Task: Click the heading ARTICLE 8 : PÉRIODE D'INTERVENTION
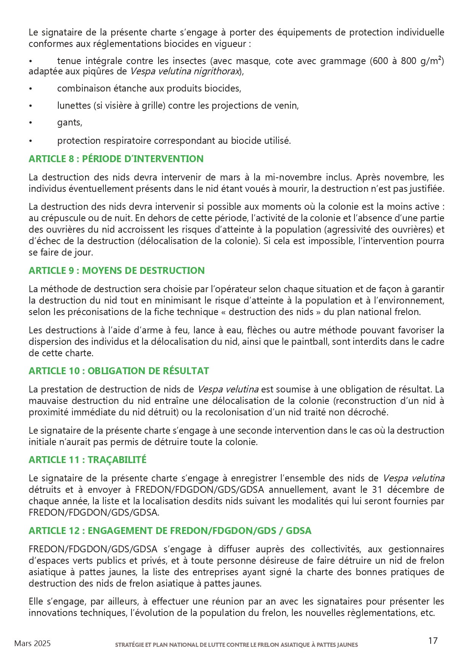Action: click(x=116, y=159)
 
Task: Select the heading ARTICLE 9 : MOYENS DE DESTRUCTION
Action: click(x=116, y=270)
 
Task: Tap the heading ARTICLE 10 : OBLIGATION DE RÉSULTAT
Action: click(x=119, y=371)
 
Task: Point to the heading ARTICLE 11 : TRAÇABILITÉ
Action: click(x=87, y=460)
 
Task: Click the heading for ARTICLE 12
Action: click(x=170, y=531)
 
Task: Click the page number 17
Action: click(x=433, y=641)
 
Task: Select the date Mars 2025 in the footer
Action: click(x=32, y=643)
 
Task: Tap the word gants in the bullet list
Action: click(x=69, y=122)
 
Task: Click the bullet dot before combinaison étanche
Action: click(x=30, y=89)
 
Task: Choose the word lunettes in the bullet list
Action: click(x=74, y=106)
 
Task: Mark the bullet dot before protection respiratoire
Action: click(x=30, y=141)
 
